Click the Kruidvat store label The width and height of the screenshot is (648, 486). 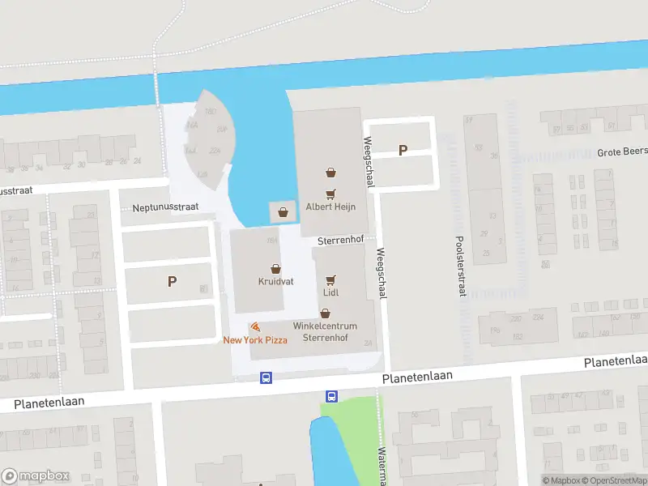pos(275,281)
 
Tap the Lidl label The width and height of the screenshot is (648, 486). pos(330,292)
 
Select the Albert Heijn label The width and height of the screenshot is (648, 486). pos(330,207)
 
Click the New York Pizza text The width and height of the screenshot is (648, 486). pos(255,340)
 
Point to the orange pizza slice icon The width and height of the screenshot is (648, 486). pos(255,327)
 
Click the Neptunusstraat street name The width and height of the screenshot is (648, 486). pos(165,207)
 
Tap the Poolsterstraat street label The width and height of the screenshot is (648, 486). pos(460,254)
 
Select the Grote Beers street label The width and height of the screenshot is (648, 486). pos(621,151)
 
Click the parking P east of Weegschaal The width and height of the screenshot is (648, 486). pos(403,150)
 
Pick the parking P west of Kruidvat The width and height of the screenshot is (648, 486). pos(172,281)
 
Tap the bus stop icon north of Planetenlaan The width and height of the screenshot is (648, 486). pos(266,377)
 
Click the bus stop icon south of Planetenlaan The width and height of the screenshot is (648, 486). pos(331,396)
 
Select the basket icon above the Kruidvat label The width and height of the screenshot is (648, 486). pos(275,268)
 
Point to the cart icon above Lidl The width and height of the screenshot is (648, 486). pos(330,279)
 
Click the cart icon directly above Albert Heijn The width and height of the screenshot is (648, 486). pos(330,194)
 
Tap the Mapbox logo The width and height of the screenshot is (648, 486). pos(36,476)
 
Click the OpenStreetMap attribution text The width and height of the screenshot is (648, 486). pos(615,480)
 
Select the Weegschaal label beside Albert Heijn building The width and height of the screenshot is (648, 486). pos(369,163)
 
